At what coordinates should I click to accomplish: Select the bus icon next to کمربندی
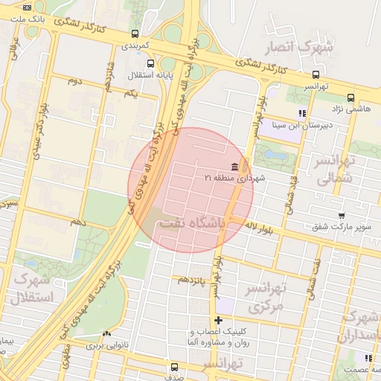(134, 33)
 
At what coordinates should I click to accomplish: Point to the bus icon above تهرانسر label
(316, 74)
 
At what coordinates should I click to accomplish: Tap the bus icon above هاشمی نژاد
(350, 97)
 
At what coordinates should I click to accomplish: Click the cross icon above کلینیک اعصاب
(217, 320)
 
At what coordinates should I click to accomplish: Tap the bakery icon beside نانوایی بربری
(106, 333)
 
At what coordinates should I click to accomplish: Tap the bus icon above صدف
(174, 367)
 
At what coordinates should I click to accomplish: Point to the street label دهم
(77, 222)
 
